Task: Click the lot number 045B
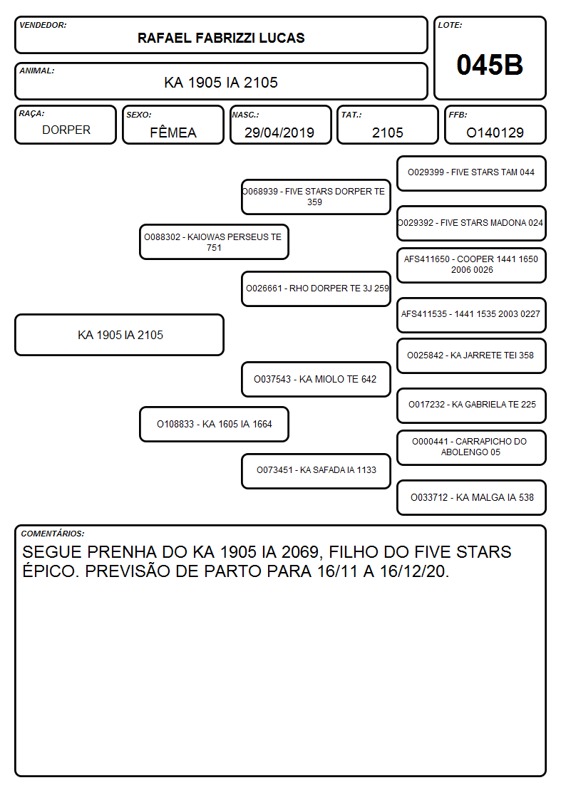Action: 490,65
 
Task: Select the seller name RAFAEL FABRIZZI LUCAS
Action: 221,38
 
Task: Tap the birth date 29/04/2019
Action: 279,133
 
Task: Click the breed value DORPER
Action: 66,130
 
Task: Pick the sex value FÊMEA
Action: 173,132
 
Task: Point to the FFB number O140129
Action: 495,133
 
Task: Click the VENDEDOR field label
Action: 43,25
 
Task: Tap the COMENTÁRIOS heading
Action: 53,534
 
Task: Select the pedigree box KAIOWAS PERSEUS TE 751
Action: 214,242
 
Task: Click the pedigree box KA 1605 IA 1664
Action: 214,424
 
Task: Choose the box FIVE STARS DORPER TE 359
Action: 316,197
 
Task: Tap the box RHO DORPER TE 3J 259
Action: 316,289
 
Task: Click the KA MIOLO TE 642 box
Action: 316,379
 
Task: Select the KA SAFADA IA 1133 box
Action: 316,471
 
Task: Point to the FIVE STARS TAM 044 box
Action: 471,173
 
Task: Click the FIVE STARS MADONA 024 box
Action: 471,223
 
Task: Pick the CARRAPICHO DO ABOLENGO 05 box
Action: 471,447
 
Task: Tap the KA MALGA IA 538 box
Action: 471,497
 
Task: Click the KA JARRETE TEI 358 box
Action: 471,355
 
